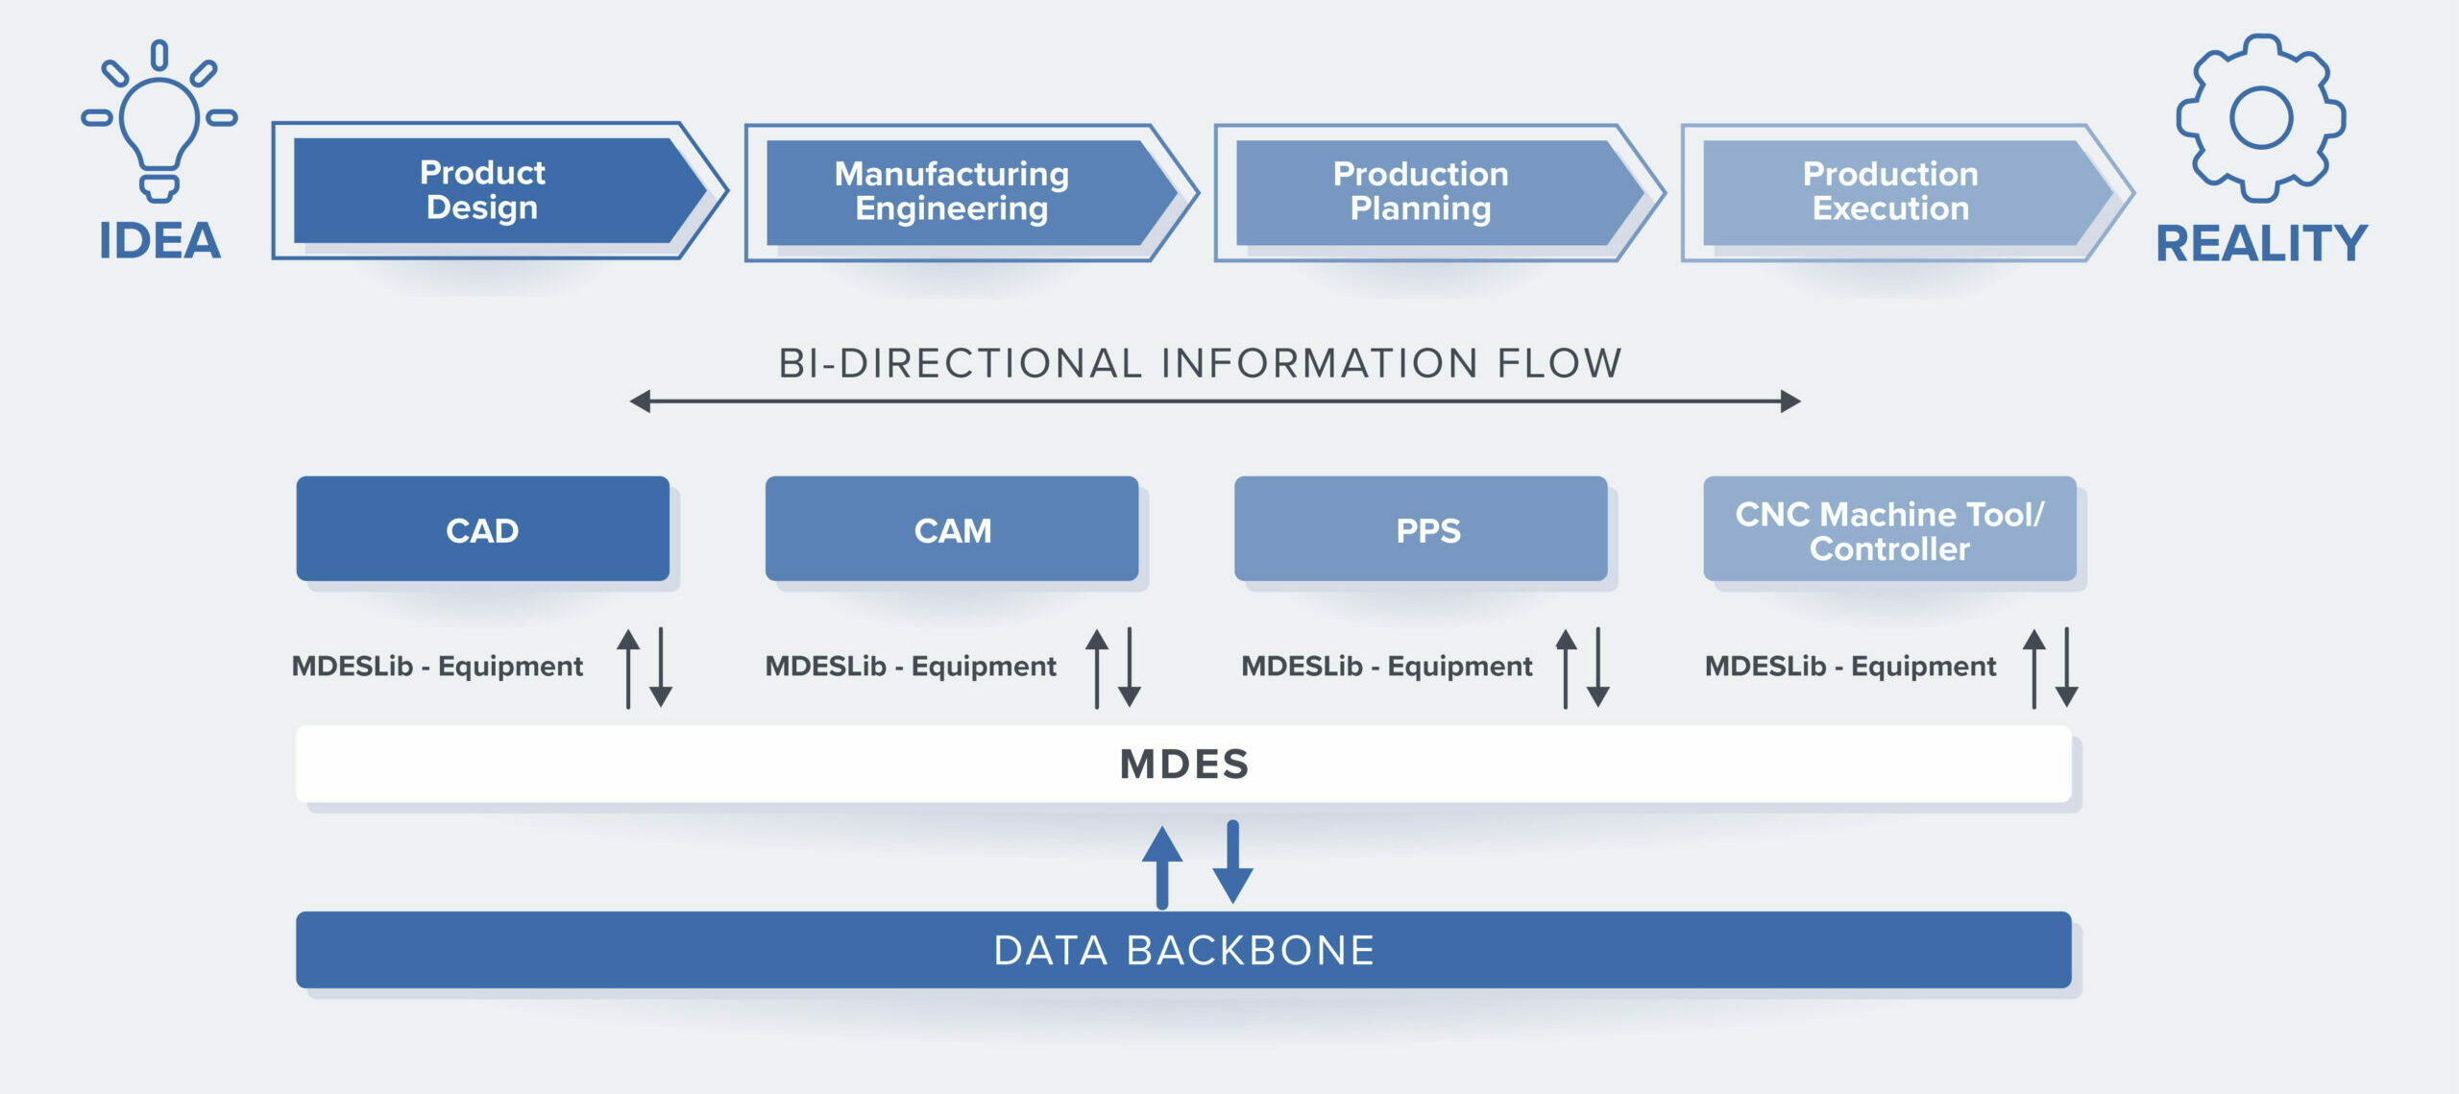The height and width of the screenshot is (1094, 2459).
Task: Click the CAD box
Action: [x=482, y=528]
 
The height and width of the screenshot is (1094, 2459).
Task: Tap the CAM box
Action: [x=952, y=528]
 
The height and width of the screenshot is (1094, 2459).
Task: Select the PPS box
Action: [x=1421, y=528]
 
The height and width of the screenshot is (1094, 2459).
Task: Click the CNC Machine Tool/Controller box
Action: [x=1889, y=528]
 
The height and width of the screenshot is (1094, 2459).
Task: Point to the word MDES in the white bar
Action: [x=1184, y=765]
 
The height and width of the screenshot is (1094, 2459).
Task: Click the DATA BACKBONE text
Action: [x=1184, y=950]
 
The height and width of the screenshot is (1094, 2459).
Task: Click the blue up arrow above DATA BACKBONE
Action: [x=1162, y=867]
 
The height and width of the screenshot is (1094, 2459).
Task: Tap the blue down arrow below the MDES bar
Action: [x=1232, y=862]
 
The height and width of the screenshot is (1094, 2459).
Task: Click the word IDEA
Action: [x=160, y=240]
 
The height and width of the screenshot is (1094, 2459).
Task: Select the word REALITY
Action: [x=2262, y=243]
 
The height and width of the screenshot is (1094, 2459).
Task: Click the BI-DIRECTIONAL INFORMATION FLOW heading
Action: [x=1200, y=363]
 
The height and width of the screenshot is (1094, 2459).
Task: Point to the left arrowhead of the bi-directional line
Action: [x=640, y=401]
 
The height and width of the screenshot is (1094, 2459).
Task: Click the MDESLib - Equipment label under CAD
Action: [x=437, y=666]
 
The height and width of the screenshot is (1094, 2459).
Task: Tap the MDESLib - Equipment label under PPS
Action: [x=1387, y=666]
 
